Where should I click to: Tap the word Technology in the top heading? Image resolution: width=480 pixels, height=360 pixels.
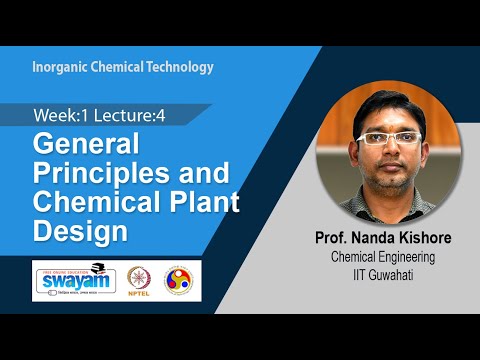click(x=179, y=68)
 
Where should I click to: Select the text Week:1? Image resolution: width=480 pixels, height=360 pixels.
click(x=57, y=115)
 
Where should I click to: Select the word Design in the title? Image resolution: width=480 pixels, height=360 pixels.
click(x=80, y=230)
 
